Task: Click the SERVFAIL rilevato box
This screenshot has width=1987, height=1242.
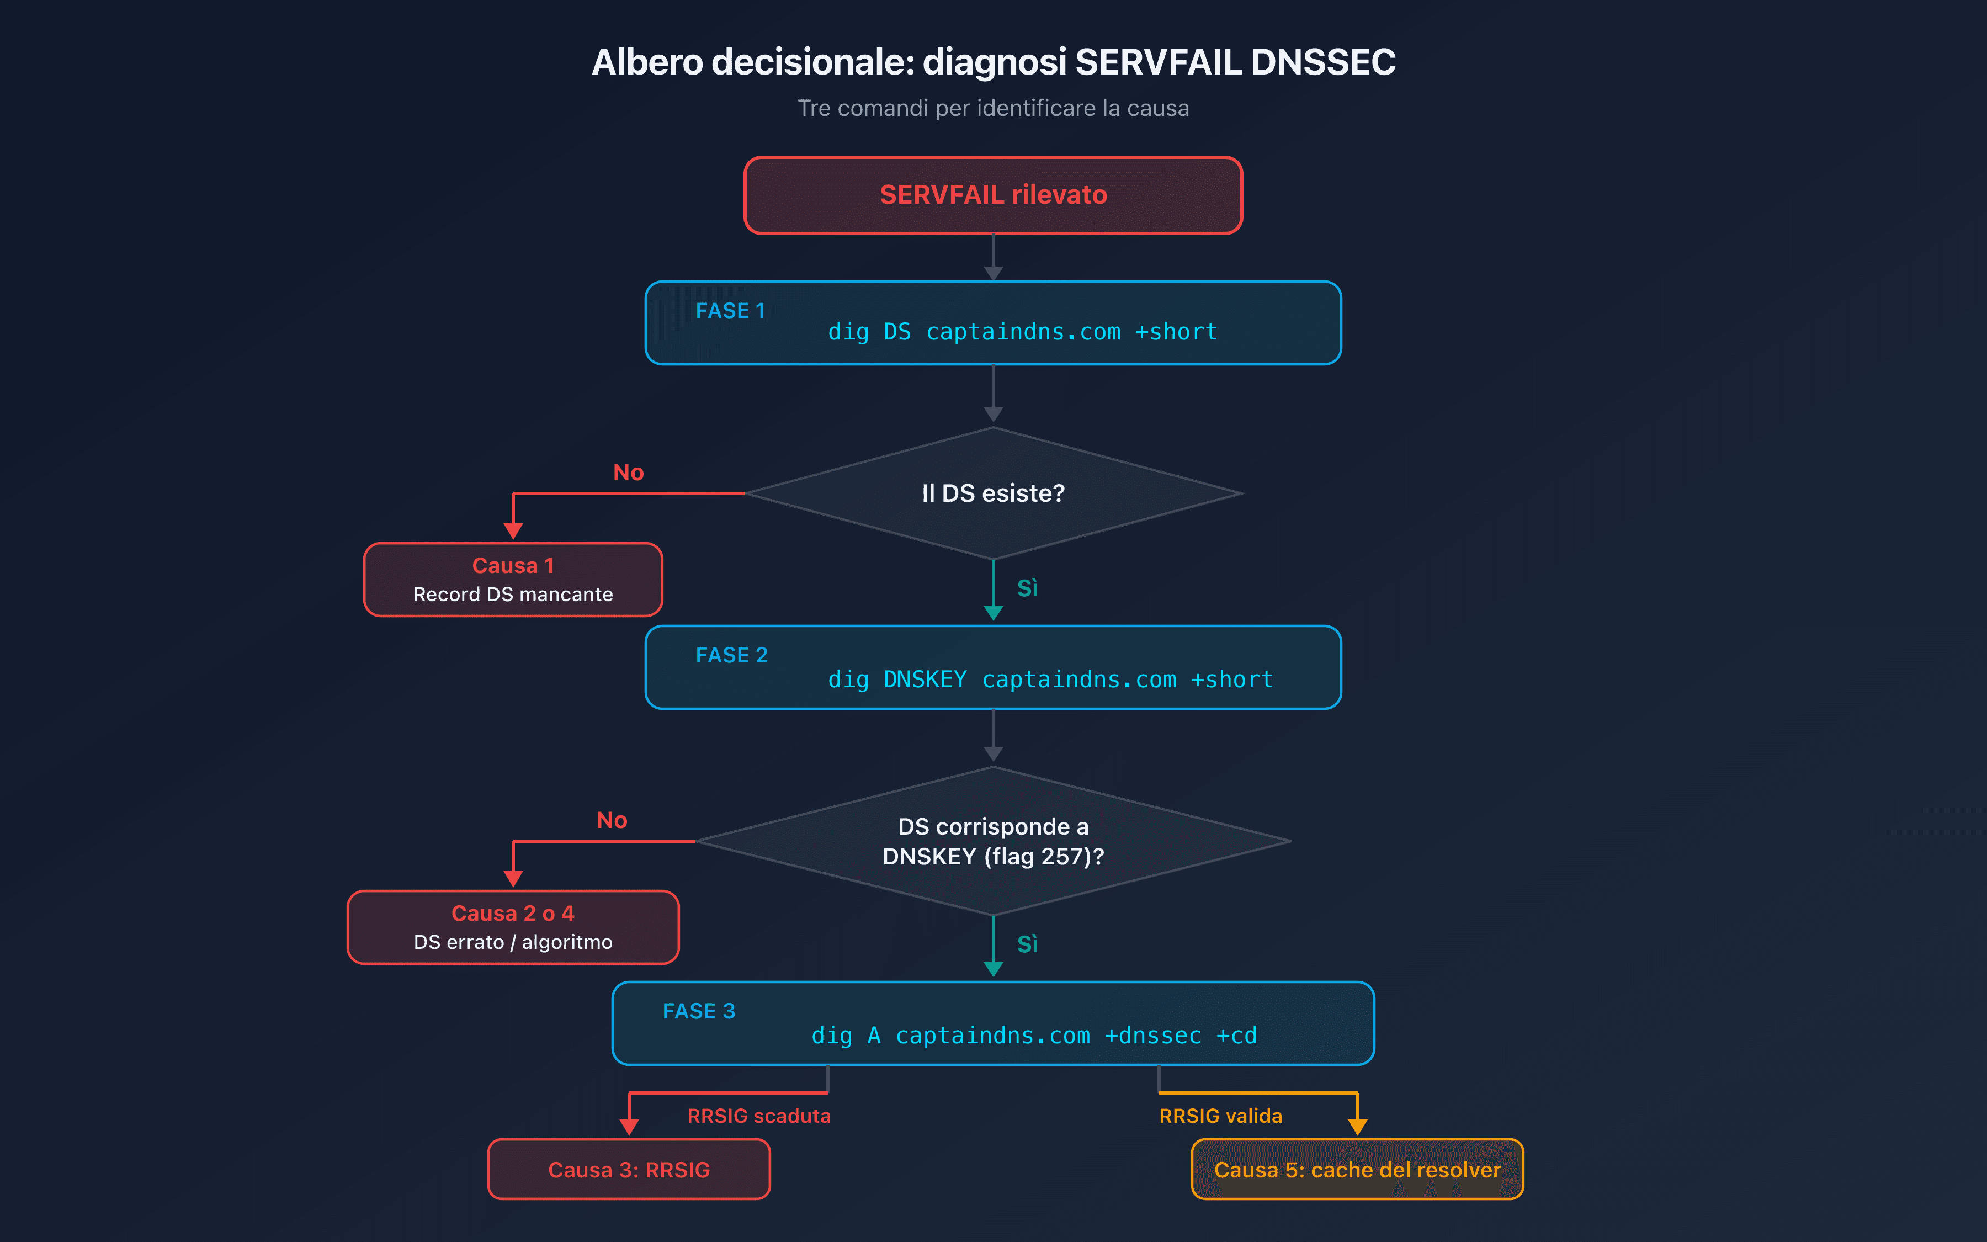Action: tap(993, 195)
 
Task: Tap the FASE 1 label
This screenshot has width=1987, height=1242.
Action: tap(730, 310)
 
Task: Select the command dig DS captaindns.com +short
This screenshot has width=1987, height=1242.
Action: tap(1022, 332)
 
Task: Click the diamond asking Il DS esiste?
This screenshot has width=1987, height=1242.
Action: tap(993, 493)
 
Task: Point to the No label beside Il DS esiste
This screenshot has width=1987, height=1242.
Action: tap(628, 473)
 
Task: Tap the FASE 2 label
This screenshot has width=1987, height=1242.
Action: tap(731, 655)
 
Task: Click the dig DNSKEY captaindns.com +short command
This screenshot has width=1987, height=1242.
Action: tap(1050, 680)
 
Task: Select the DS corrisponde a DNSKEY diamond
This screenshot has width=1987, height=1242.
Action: tap(993, 841)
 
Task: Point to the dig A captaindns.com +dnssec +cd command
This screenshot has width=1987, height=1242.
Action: tap(1034, 1035)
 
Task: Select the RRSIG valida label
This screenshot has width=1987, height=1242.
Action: tap(1220, 1116)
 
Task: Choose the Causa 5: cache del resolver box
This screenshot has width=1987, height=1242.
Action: tap(1357, 1169)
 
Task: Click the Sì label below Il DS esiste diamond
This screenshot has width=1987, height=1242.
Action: tap(1027, 588)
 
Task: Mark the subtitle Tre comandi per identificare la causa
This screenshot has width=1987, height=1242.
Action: tap(993, 108)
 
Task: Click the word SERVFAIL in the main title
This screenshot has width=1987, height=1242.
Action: tap(1158, 62)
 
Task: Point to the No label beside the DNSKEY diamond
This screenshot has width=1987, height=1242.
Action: tap(612, 820)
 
